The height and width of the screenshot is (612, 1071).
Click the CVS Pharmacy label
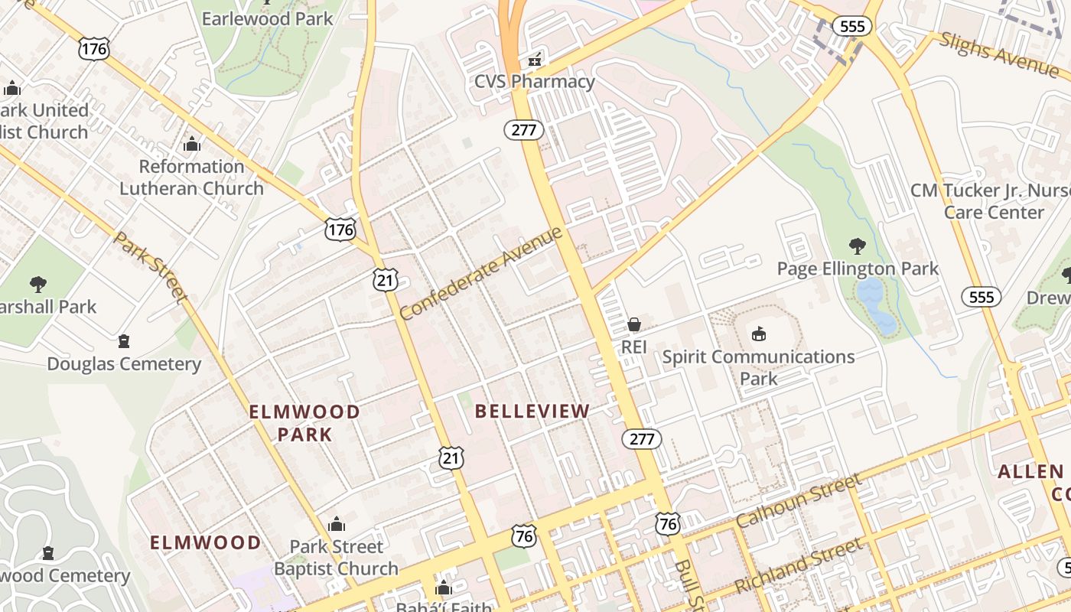click(x=534, y=81)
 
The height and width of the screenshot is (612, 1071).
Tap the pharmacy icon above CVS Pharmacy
click(x=535, y=58)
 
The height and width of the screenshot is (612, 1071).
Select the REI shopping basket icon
click(x=633, y=324)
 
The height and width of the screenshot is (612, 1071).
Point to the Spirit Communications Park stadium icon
click(x=758, y=334)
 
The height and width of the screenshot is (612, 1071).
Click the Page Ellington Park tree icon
click(x=857, y=246)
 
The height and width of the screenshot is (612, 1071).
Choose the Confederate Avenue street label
click(x=481, y=273)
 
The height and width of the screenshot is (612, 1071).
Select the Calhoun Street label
click(x=798, y=501)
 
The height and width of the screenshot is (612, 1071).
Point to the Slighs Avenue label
click(x=999, y=54)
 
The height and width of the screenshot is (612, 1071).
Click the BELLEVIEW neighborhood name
click(x=532, y=412)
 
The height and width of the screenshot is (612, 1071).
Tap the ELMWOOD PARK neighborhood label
click(x=304, y=423)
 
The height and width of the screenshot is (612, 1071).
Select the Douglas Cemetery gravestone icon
click(x=124, y=341)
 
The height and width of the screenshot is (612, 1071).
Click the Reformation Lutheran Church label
click(x=191, y=177)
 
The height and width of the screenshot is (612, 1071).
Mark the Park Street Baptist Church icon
click(x=336, y=524)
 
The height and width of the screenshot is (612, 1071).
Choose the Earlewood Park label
click(x=267, y=18)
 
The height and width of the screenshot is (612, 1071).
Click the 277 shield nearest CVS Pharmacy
click(x=524, y=130)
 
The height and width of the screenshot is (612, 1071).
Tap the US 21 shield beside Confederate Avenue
click(x=386, y=280)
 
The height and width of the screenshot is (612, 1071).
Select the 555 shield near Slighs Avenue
click(x=851, y=27)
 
